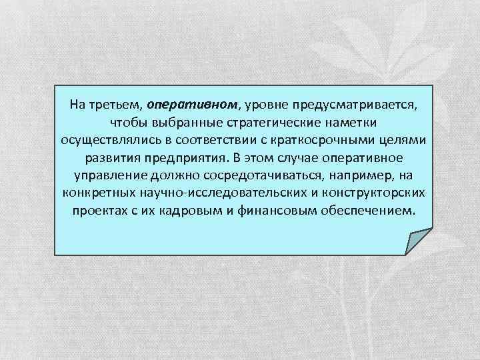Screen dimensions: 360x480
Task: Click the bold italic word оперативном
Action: tap(192, 105)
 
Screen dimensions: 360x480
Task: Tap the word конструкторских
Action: tap(377, 193)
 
